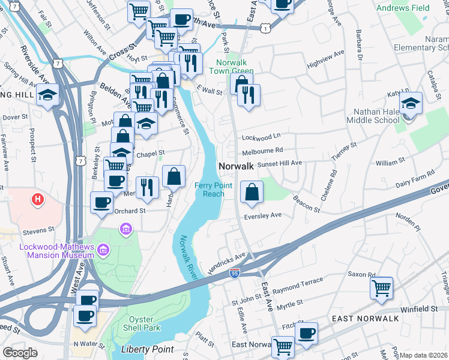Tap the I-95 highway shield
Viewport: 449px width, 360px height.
235,274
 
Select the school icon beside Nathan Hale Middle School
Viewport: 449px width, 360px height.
411,103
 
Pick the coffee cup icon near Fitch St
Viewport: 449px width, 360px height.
307,332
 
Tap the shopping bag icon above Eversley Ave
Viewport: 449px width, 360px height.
252,192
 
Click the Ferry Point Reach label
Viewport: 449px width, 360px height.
209,190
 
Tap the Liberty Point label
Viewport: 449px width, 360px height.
147,349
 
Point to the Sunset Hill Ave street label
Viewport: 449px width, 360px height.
279,163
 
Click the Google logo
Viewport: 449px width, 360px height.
20,353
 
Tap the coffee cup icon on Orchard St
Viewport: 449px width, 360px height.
102,202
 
